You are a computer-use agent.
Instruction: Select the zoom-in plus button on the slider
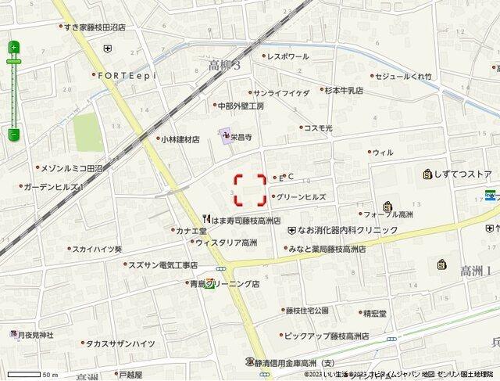tap(13, 48)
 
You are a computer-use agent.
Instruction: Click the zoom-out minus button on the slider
tap(13, 135)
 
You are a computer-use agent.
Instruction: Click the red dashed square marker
tap(250, 189)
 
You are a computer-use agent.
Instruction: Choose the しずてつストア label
tap(463, 174)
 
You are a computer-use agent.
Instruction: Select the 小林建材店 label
tap(180, 139)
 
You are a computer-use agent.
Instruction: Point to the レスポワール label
tap(288, 57)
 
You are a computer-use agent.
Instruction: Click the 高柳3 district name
tap(226, 66)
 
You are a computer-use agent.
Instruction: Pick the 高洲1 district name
tap(477, 271)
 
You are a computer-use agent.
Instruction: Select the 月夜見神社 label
tap(36, 335)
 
